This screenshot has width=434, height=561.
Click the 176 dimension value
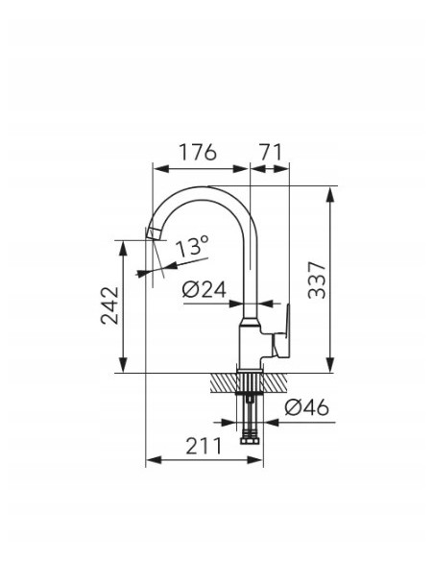198,152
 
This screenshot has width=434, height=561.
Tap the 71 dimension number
270,152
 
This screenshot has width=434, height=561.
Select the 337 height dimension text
317,280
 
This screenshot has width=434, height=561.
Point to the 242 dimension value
109,305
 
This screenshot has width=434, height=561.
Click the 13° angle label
192,246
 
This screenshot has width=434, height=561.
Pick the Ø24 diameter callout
205,289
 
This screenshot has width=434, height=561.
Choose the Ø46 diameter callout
306,407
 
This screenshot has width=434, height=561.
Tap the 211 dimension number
204,446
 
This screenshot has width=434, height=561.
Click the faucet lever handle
281,332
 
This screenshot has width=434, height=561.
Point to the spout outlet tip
153,234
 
